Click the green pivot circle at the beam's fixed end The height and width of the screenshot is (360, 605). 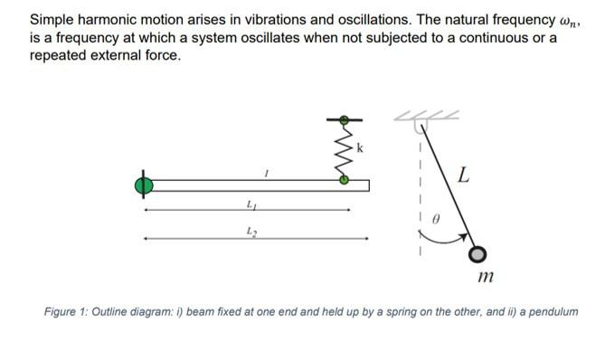tap(141, 185)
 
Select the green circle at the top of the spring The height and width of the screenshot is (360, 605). tap(344, 118)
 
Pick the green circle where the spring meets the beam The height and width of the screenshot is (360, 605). tap(344, 180)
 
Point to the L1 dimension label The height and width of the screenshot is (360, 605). tap(251, 205)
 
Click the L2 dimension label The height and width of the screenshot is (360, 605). tap(251, 233)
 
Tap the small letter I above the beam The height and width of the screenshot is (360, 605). tap(266, 172)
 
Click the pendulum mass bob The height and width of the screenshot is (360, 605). tap(477, 254)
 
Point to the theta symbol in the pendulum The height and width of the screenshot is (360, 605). tap(435, 218)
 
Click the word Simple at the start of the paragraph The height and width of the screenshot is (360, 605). tap(52, 19)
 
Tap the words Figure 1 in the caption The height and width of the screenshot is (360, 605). tap(69, 312)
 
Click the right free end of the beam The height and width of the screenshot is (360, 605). tap(366, 185)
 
